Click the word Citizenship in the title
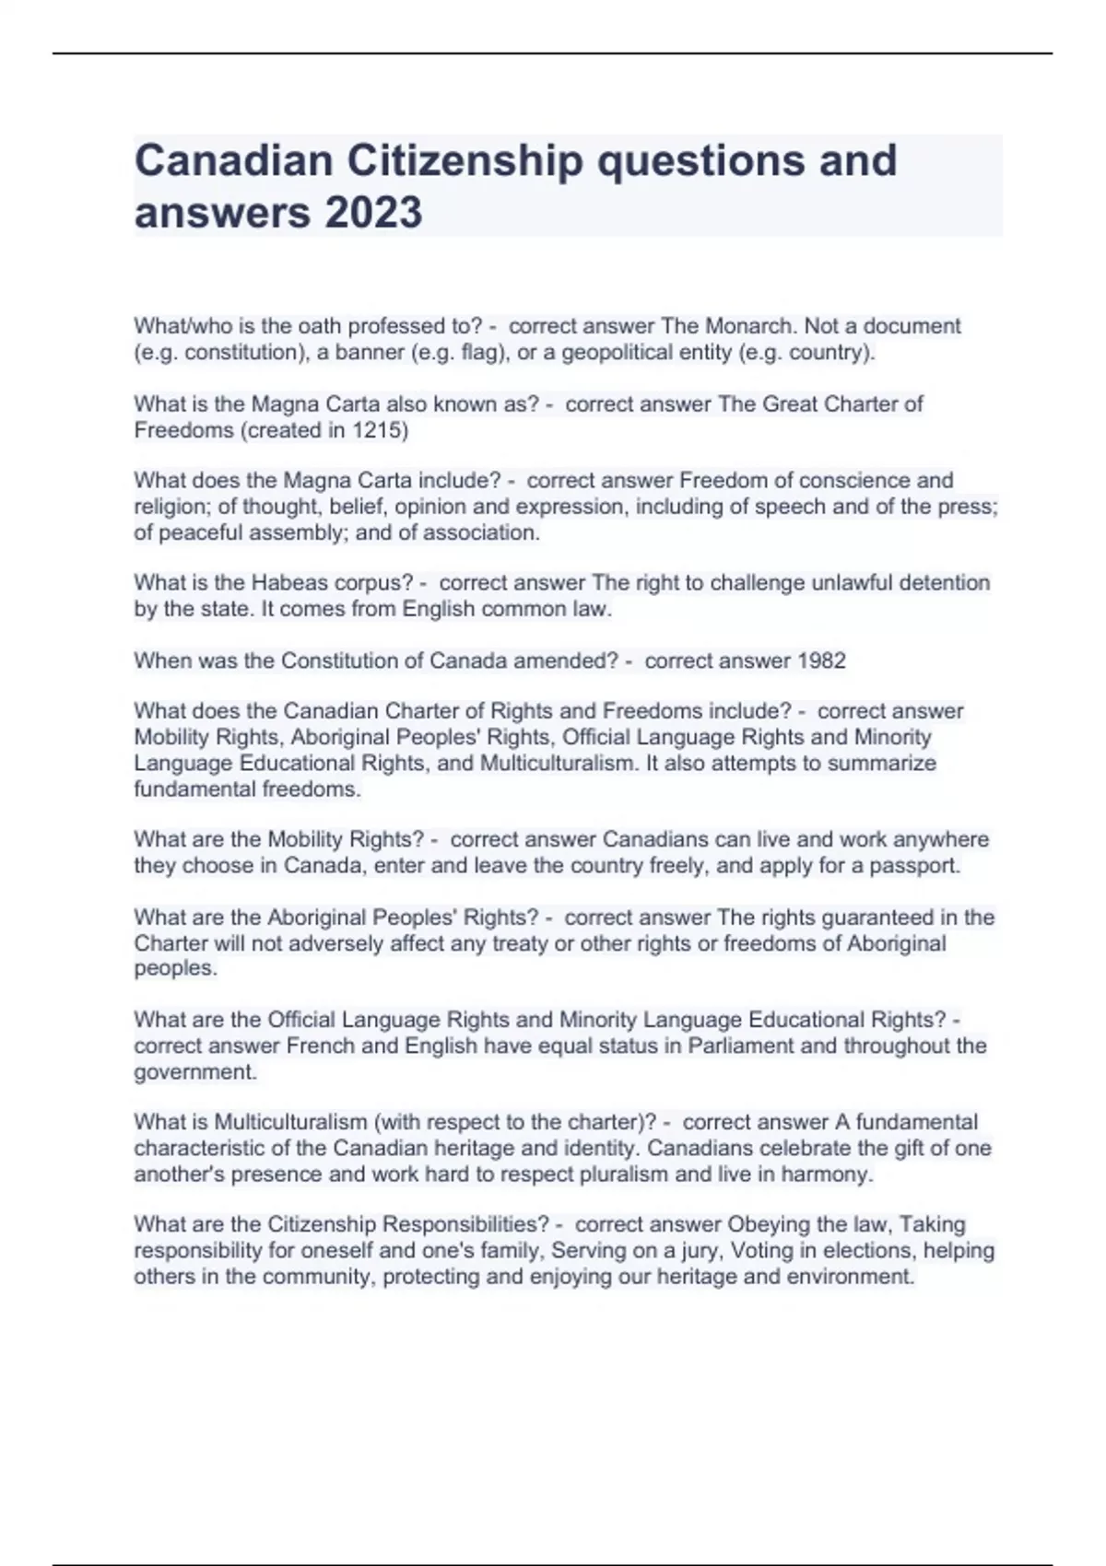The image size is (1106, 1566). [x=465, y=160]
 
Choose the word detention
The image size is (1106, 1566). [x=945, y=583]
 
